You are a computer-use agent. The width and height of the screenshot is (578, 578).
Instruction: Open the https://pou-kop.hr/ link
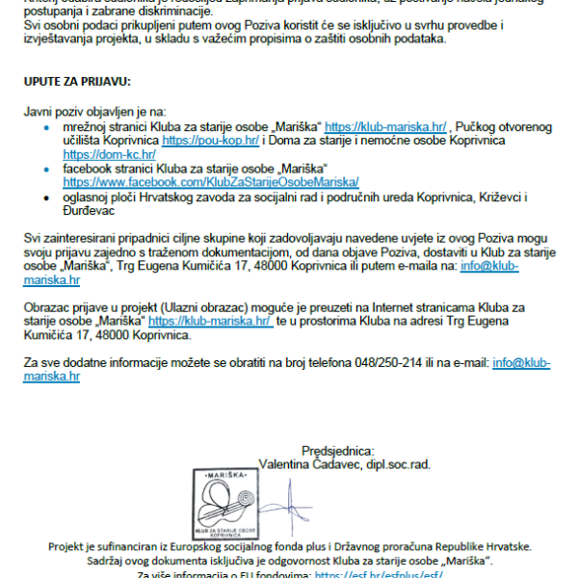click(211, 140)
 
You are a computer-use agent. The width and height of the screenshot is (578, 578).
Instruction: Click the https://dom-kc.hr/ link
click(109, 153)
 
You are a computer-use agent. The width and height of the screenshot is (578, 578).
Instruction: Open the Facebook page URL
click(211, 181)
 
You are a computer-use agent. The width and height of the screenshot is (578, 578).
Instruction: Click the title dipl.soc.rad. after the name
click(396, 463)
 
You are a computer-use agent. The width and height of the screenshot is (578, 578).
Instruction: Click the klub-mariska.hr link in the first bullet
click(385, 126)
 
